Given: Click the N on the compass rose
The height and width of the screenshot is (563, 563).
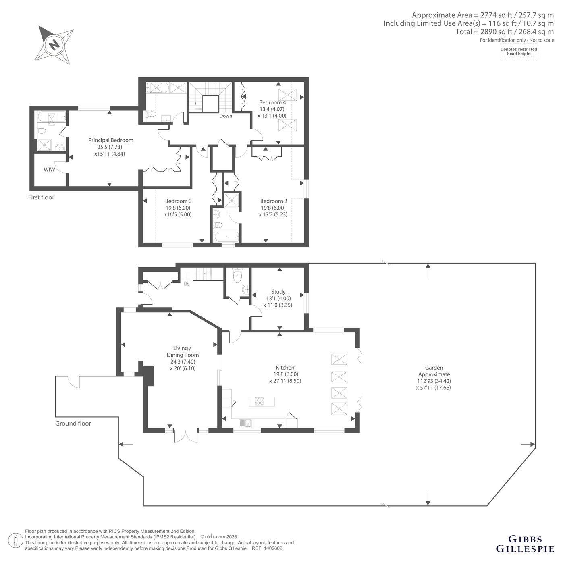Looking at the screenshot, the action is pos(54,45).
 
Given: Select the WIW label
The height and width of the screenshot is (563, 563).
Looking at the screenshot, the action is pos(49,169).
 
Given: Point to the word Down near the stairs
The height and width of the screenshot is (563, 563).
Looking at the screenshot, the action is pos(226,116).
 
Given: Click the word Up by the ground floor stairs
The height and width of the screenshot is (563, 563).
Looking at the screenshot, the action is pos(187,284).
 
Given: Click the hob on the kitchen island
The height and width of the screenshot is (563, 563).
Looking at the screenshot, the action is pos(260,401).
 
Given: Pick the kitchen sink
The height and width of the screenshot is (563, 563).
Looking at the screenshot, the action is pos(245,423).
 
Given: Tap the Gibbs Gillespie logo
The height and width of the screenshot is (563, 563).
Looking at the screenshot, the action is pos(525,544).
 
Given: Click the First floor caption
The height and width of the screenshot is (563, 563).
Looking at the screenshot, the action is pos(41,197).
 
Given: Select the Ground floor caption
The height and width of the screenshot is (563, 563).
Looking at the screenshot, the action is pos(73,424).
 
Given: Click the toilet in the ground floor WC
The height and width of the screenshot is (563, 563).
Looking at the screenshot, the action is pos(237,276).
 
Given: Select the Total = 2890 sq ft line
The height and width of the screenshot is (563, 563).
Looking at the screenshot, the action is pos(505,31).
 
